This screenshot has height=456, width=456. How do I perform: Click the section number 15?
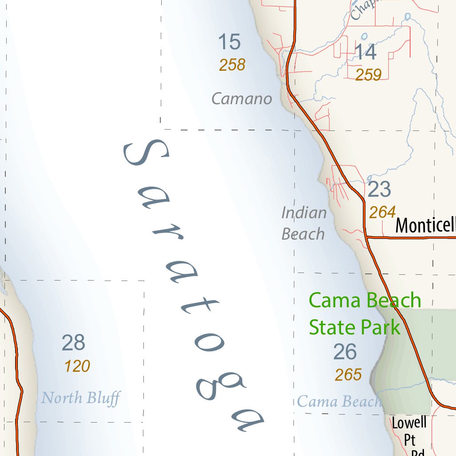[x=229, y=42]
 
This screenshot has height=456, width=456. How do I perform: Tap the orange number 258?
[x=232, y=65]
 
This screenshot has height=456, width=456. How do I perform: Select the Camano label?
[x=242, y=98]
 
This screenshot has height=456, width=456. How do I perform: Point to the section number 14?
[x=366, y=52]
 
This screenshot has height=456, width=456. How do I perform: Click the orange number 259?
[x=368, y=75]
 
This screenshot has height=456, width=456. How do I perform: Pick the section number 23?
[x=379, y=190]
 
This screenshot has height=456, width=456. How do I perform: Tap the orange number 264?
[x=382, y=212]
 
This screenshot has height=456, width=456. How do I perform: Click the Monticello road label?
[x=425, y=225]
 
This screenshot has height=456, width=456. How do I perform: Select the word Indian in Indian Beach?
[x=304, y=213]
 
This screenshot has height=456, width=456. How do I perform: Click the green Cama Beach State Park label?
[x=365, y=313]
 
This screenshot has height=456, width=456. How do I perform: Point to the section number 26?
[x=345, y=352]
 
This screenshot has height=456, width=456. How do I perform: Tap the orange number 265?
[x=348, y=375]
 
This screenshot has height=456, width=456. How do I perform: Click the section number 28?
[x=73, y=343]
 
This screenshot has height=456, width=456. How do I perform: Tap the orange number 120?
[x=77, y=366]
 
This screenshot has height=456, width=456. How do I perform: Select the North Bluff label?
[x=81, y=398]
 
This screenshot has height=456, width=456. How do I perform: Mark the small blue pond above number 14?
[x=365, y=37]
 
